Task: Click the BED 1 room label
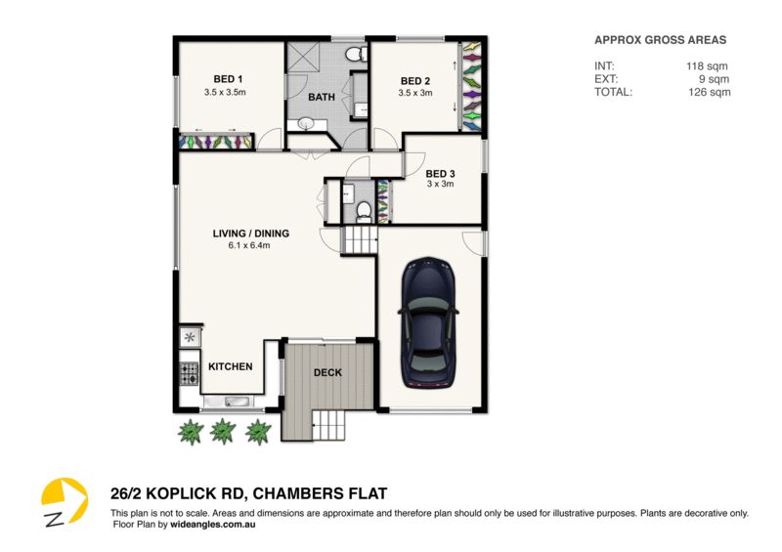point(228,79)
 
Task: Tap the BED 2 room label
point(415,81)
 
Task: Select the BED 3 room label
point(440,173)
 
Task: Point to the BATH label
point(322,98)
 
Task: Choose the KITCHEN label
point(231,366)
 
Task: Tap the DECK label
point(326,373)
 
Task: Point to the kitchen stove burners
point(189,371)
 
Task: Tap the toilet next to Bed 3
point(364,209)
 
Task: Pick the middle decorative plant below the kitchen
point(224,430)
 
